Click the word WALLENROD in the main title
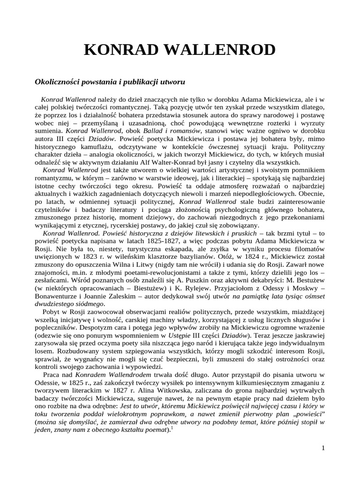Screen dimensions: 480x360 click(223, 50)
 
